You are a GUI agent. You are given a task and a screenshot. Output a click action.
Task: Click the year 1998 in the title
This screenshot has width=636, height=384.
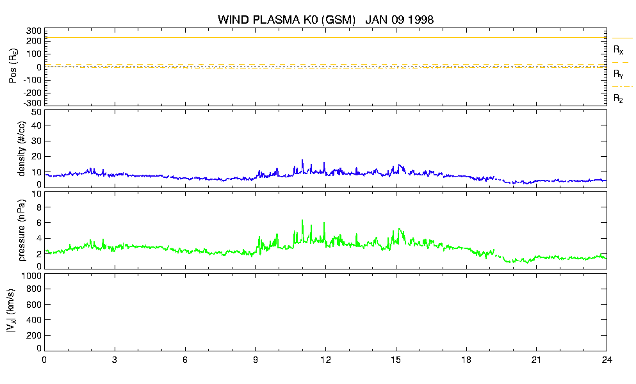421,19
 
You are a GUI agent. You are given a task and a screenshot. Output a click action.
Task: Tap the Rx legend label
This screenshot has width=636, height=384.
618,50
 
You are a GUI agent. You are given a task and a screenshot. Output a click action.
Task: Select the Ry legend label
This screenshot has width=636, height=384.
618,74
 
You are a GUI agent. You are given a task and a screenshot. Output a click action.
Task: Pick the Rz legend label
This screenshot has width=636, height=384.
618,98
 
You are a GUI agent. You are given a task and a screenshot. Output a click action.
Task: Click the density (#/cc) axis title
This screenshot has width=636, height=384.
22,148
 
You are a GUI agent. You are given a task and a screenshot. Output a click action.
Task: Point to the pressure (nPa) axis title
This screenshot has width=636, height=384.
22,230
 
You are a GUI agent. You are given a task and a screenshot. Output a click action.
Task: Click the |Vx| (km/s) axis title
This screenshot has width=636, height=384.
12,311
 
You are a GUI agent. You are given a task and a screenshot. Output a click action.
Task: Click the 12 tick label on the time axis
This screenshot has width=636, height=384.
325,360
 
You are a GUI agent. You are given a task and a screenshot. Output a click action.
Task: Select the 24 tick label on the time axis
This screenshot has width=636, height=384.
607,360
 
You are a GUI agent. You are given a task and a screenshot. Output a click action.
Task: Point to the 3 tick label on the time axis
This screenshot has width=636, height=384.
115,360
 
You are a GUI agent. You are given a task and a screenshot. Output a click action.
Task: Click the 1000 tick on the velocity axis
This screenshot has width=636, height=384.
32,276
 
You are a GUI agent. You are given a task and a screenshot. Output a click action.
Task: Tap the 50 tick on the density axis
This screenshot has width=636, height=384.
37,113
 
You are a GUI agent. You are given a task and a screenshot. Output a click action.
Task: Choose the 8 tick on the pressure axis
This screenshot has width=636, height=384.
39,207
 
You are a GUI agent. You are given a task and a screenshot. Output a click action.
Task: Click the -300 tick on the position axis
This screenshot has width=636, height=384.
33,103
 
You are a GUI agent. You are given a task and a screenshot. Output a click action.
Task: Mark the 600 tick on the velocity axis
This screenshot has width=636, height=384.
34,305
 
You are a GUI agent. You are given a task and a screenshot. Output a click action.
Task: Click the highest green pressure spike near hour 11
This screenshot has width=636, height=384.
302,220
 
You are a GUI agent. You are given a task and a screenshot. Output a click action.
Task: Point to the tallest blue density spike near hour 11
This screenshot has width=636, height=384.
302,161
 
